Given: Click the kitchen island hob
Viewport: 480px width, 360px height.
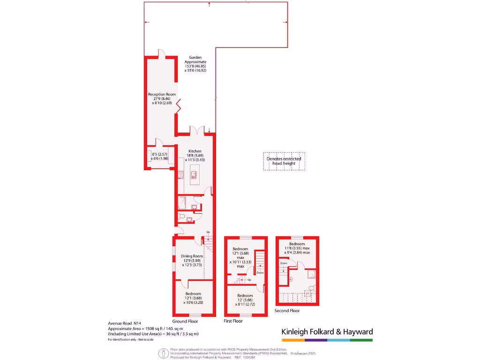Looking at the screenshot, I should point(193,177).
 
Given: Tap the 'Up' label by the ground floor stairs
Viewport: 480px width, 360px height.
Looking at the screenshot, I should point(208,232).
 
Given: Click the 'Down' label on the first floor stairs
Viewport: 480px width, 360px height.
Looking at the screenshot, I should point(260,272).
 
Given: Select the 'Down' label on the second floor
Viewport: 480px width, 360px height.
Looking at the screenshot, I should point(284,263).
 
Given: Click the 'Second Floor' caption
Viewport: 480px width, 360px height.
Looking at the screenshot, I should point(287,310).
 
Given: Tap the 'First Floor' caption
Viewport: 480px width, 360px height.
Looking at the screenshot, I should point(233,322).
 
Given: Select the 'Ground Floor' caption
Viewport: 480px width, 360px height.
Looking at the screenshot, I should point(185,322).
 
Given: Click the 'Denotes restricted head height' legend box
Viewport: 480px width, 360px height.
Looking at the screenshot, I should point(284,161).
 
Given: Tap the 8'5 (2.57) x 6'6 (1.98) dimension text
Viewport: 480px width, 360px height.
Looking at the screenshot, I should point(157,156).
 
